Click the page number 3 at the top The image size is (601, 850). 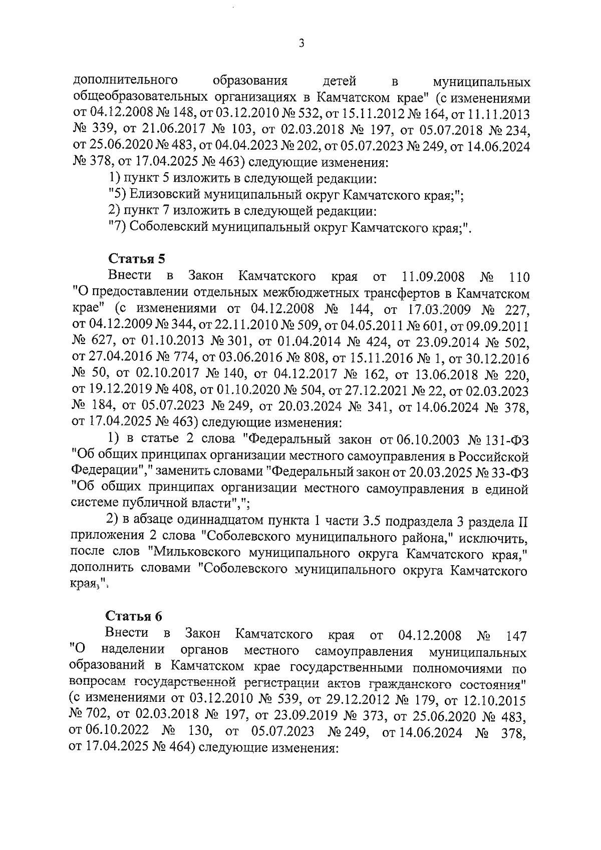(x=301, y=44)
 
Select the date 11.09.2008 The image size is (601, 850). (x=434, y=276)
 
